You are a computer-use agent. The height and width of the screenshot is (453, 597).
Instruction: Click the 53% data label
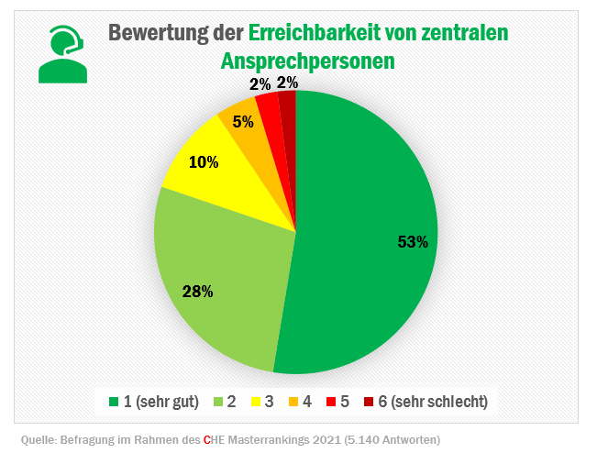[413, 242]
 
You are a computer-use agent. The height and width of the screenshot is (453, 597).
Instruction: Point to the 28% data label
[199, 292]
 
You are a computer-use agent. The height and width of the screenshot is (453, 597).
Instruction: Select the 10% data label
[204, 162]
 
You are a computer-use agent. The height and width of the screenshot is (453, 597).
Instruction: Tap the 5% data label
[243, 121]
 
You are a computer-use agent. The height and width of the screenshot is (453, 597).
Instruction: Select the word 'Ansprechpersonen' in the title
[308, 61]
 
